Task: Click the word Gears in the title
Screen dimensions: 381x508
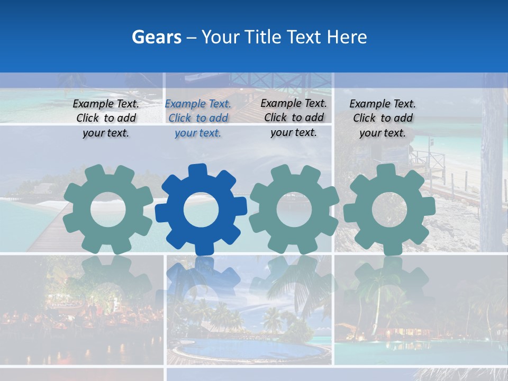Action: pos(156,37)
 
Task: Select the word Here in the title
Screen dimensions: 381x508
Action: pos(347,37)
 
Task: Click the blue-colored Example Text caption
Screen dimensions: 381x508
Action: pos(198,119)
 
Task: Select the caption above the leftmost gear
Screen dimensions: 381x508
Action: pos(106,119)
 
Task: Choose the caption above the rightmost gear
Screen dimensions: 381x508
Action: pos(383,119)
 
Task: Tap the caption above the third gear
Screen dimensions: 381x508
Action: pos(294,117)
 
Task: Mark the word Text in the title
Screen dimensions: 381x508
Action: pos(304,37)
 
